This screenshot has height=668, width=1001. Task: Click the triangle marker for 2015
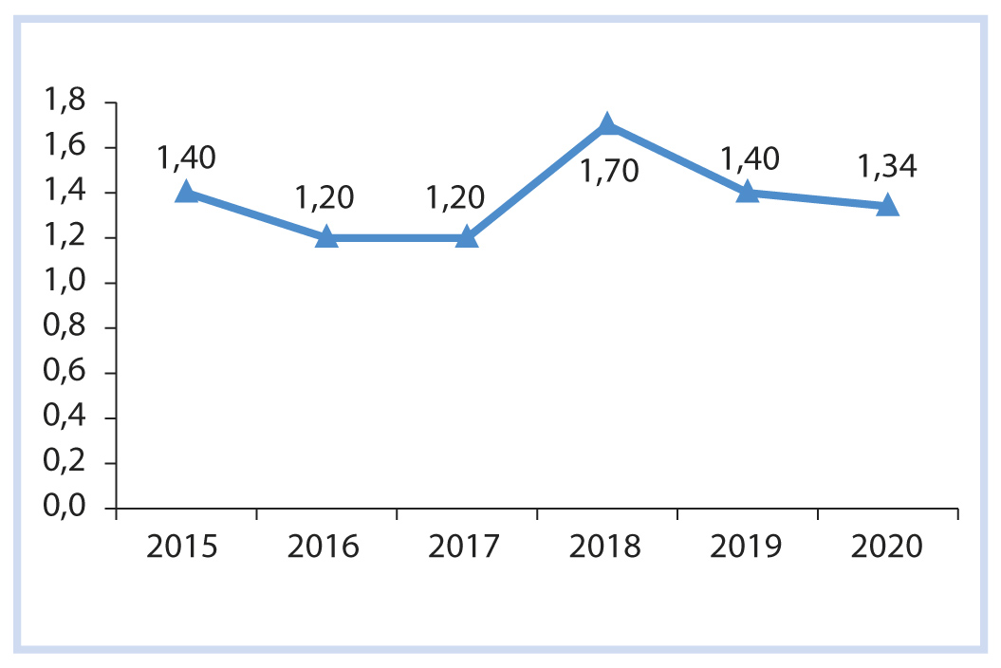point(186,192)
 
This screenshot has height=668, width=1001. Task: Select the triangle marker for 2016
point(326,236)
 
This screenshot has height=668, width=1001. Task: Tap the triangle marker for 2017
point(467,236)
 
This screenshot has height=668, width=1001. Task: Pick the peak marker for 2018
point(607,124)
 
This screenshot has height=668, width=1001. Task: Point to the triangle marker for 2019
point(748,192)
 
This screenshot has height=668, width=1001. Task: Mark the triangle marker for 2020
point(887,205)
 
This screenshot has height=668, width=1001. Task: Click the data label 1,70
point(607,172)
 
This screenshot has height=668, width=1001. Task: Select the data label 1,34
point(887,168)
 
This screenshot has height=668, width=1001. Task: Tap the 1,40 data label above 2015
point(186,157)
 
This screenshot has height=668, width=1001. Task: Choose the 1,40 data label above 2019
point(748,157)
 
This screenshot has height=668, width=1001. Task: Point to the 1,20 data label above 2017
point(455,198)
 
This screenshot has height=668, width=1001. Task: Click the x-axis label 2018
point(607,547)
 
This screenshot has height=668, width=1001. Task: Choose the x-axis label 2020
point(887,547)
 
